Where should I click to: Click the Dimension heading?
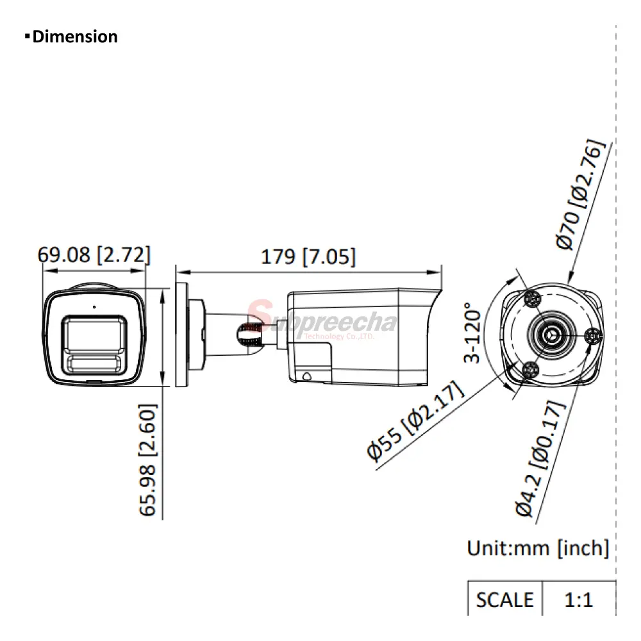click(x=72, y=37)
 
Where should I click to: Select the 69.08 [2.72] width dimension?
click(x=94, y=254)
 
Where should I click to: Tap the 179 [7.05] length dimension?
click(x=308, y=257)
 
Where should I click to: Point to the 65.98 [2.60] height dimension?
click(x=147, y=460)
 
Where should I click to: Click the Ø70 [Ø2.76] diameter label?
click(x=579, y=194)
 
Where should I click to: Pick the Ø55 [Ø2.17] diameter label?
click(x=415, y=421)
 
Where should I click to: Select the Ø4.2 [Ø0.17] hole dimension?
click(x=540, y=459)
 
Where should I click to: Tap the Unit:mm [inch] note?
click(x=538, y=548)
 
